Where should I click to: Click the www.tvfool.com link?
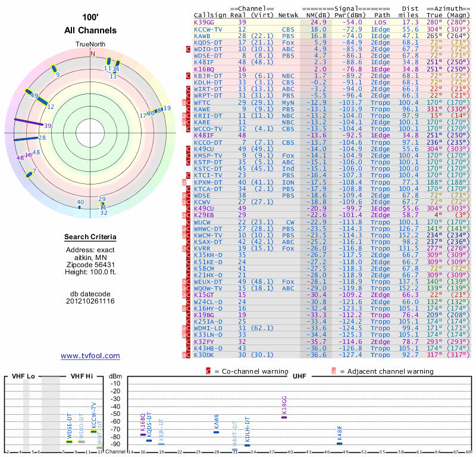90,356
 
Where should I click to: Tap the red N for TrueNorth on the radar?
92,54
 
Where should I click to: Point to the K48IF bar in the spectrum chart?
340,443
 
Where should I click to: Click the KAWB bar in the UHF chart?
217,431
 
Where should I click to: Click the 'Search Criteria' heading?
90,237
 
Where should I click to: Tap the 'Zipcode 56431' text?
90,265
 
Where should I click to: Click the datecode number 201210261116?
90,301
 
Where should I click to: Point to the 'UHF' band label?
299,377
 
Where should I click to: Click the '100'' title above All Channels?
90,18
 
